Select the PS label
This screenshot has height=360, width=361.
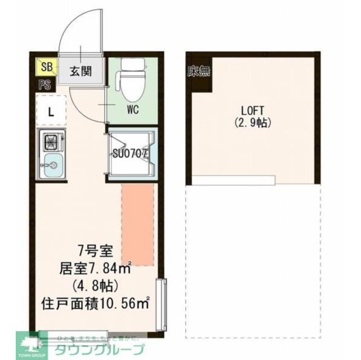(x=45, y=85)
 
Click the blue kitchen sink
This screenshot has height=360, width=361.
(x=51, y=165)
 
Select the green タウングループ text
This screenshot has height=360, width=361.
(x=99, y=349)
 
